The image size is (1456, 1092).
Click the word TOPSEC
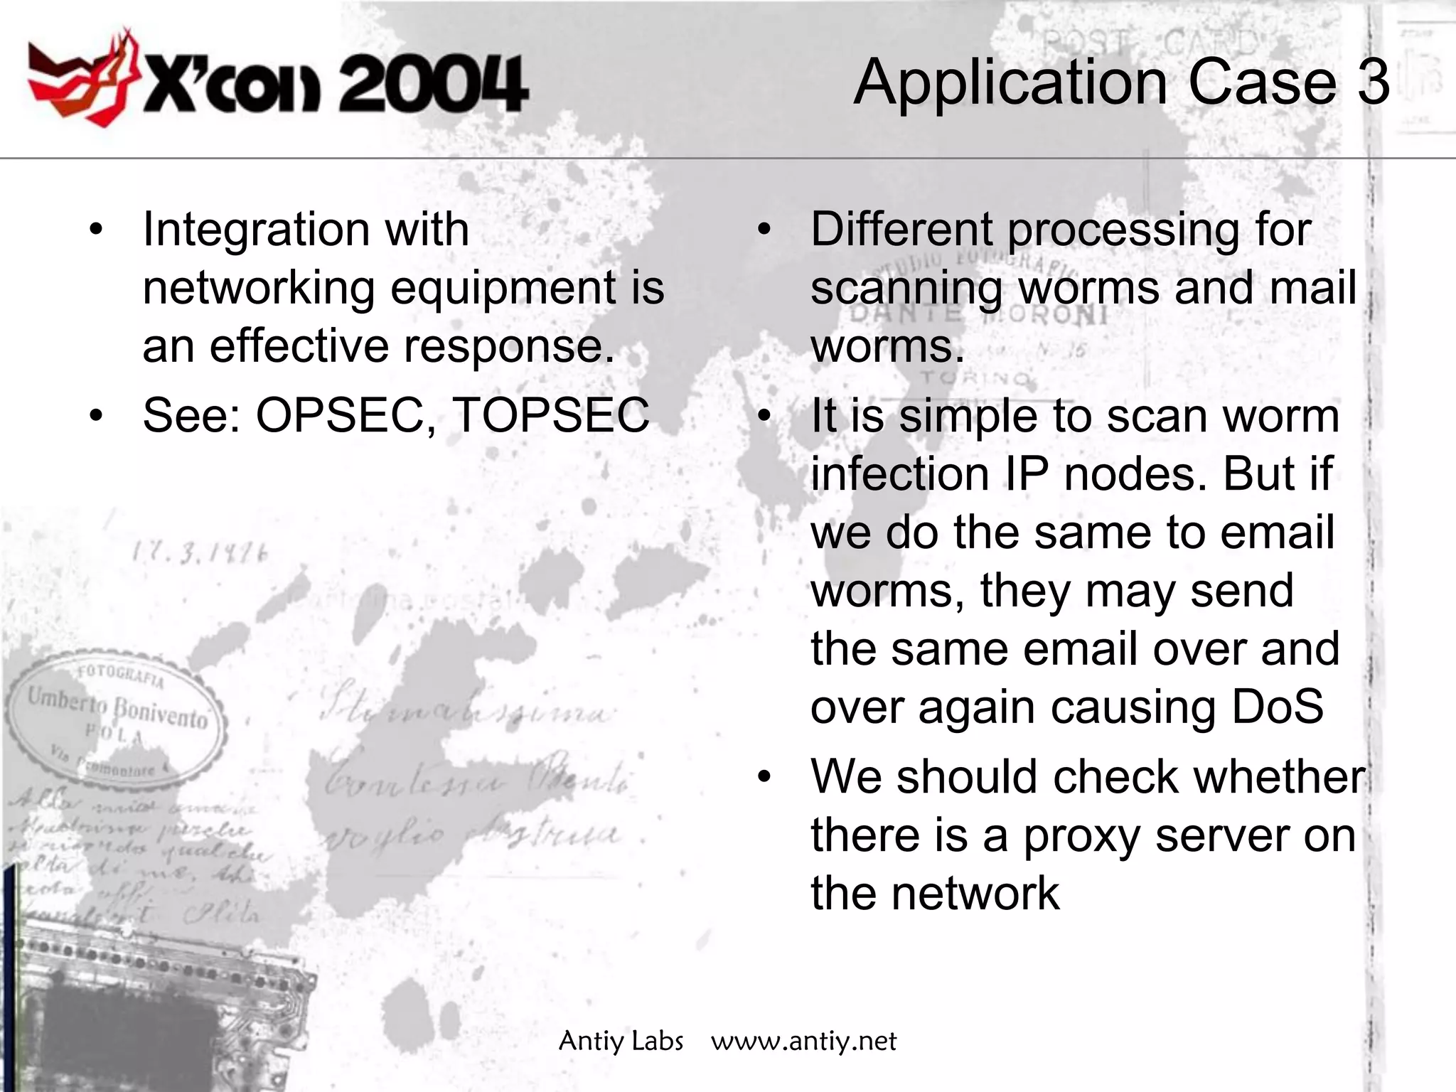tap(550, 415)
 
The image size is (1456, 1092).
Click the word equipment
tap(500, 289)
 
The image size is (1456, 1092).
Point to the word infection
tap(900, 474)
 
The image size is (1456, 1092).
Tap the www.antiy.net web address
tap(803, 1042)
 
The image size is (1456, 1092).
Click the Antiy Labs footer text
tap(621, 1042)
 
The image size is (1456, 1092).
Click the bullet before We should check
tap(764, 777)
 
